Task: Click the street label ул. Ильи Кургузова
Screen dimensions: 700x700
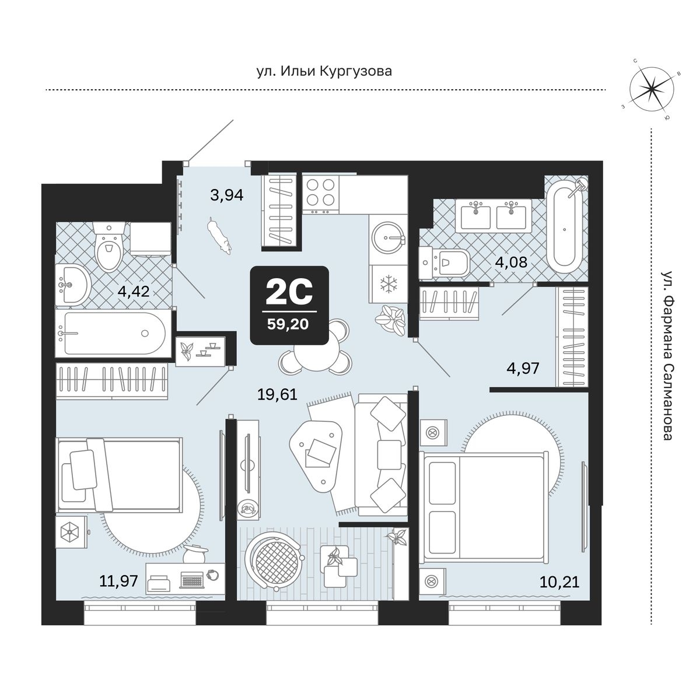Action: [324, 71]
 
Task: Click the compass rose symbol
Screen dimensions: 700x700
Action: [652, 90]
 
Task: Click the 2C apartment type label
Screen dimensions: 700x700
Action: [289, 293]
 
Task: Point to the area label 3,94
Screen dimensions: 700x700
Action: [227, 195]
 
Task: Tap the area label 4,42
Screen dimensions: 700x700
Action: [133, 291]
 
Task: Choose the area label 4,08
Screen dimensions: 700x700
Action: [511, 262]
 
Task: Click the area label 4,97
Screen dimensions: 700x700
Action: [523, 369]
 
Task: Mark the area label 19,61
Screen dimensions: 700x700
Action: [277, 394]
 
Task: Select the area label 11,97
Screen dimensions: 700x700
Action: [118, 581]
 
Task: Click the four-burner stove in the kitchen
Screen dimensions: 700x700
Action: [320, 194]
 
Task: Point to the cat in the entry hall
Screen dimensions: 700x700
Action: [219, 236]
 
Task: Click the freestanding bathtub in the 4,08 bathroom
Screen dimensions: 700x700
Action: [565, 227]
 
